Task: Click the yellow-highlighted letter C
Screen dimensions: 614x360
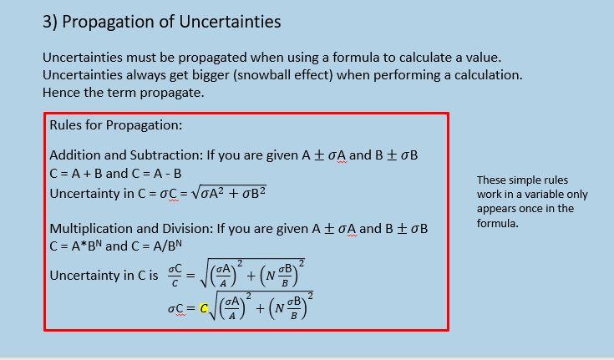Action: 203,308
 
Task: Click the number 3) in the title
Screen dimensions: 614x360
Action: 50,22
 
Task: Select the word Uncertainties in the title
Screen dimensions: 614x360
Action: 230,21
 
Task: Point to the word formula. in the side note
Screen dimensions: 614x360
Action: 498,223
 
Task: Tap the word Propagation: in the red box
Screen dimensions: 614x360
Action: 144,125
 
